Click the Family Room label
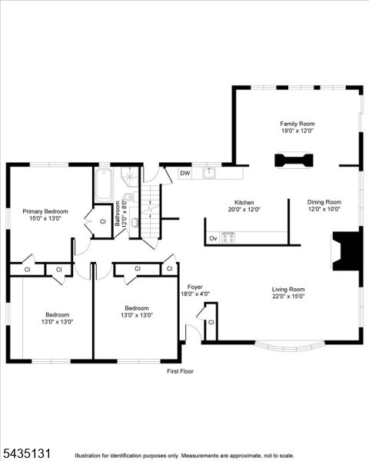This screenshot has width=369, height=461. [x=298, y=124]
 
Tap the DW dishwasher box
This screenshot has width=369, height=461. [x=185, y=173]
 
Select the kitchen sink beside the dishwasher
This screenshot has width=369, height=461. [x=209, y=173]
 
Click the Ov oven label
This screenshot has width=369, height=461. [x=213, y=238]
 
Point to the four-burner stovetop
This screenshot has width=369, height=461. [x=228, y=237]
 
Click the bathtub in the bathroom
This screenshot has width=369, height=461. [x=104, y=185]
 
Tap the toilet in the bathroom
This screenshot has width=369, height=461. [x=130, y=197]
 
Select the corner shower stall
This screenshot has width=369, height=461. [x=129, y=177]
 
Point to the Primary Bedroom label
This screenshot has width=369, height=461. [x=45, y=211]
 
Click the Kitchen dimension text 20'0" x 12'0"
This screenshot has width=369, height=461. [x=244, y=210]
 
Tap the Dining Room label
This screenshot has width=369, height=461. [x=324, y=202]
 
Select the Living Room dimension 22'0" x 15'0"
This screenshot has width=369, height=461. [x=288, y=297]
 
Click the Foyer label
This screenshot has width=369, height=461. [x=194, y=287]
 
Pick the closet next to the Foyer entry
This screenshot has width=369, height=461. [x=211, y=322]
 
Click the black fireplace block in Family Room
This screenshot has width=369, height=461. [x=294, y=161]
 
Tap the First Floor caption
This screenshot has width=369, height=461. [x=180, y=371]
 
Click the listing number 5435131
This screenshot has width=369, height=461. [x=27, y=453]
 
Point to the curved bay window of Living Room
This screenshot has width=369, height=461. [x=290, y=347]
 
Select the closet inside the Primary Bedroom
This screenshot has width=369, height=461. [x=102, y=221]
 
